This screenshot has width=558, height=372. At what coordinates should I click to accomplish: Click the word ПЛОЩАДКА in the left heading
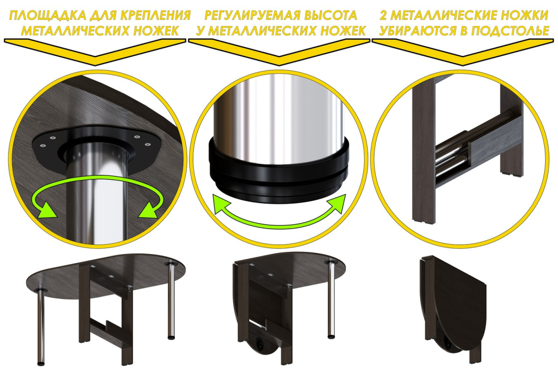click(x=47, y=15)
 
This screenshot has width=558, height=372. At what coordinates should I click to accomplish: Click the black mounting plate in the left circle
click(x=96, y=149)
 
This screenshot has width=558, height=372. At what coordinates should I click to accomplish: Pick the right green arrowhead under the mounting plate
click(x=149, y=210)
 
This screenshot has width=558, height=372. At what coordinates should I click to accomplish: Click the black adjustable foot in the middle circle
click(x=279, y=171)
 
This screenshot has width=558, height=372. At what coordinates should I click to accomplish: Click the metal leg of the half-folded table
click(x=332, y=300)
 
